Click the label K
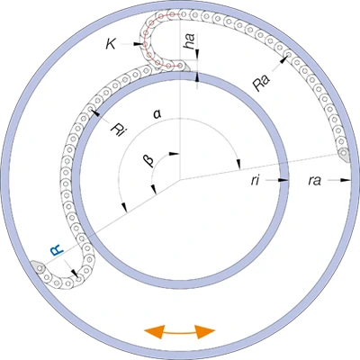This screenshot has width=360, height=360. point(111,44)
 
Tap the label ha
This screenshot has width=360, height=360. point(190,41)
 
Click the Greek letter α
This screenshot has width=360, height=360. point(157,115)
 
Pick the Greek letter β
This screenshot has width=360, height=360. point(149,160)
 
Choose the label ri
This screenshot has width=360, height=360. point(255,181)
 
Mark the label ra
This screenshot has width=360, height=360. point(314,181)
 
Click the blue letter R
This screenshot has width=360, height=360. point(57,249)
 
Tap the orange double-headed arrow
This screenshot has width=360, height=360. point(180,332)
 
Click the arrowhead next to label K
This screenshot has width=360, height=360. point(138,44)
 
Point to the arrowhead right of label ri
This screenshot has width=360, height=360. point(283,180)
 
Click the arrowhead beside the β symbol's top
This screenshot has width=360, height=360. point(175,154)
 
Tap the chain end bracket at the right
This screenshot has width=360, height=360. point(343,155)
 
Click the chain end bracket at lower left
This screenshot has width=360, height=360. point(38,266)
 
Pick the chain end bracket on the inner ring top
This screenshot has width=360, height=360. point(184,67)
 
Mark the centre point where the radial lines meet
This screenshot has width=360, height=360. point(180,180)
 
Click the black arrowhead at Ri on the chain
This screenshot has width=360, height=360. point(95,112)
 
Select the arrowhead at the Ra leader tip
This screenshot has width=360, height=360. point(283,59)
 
